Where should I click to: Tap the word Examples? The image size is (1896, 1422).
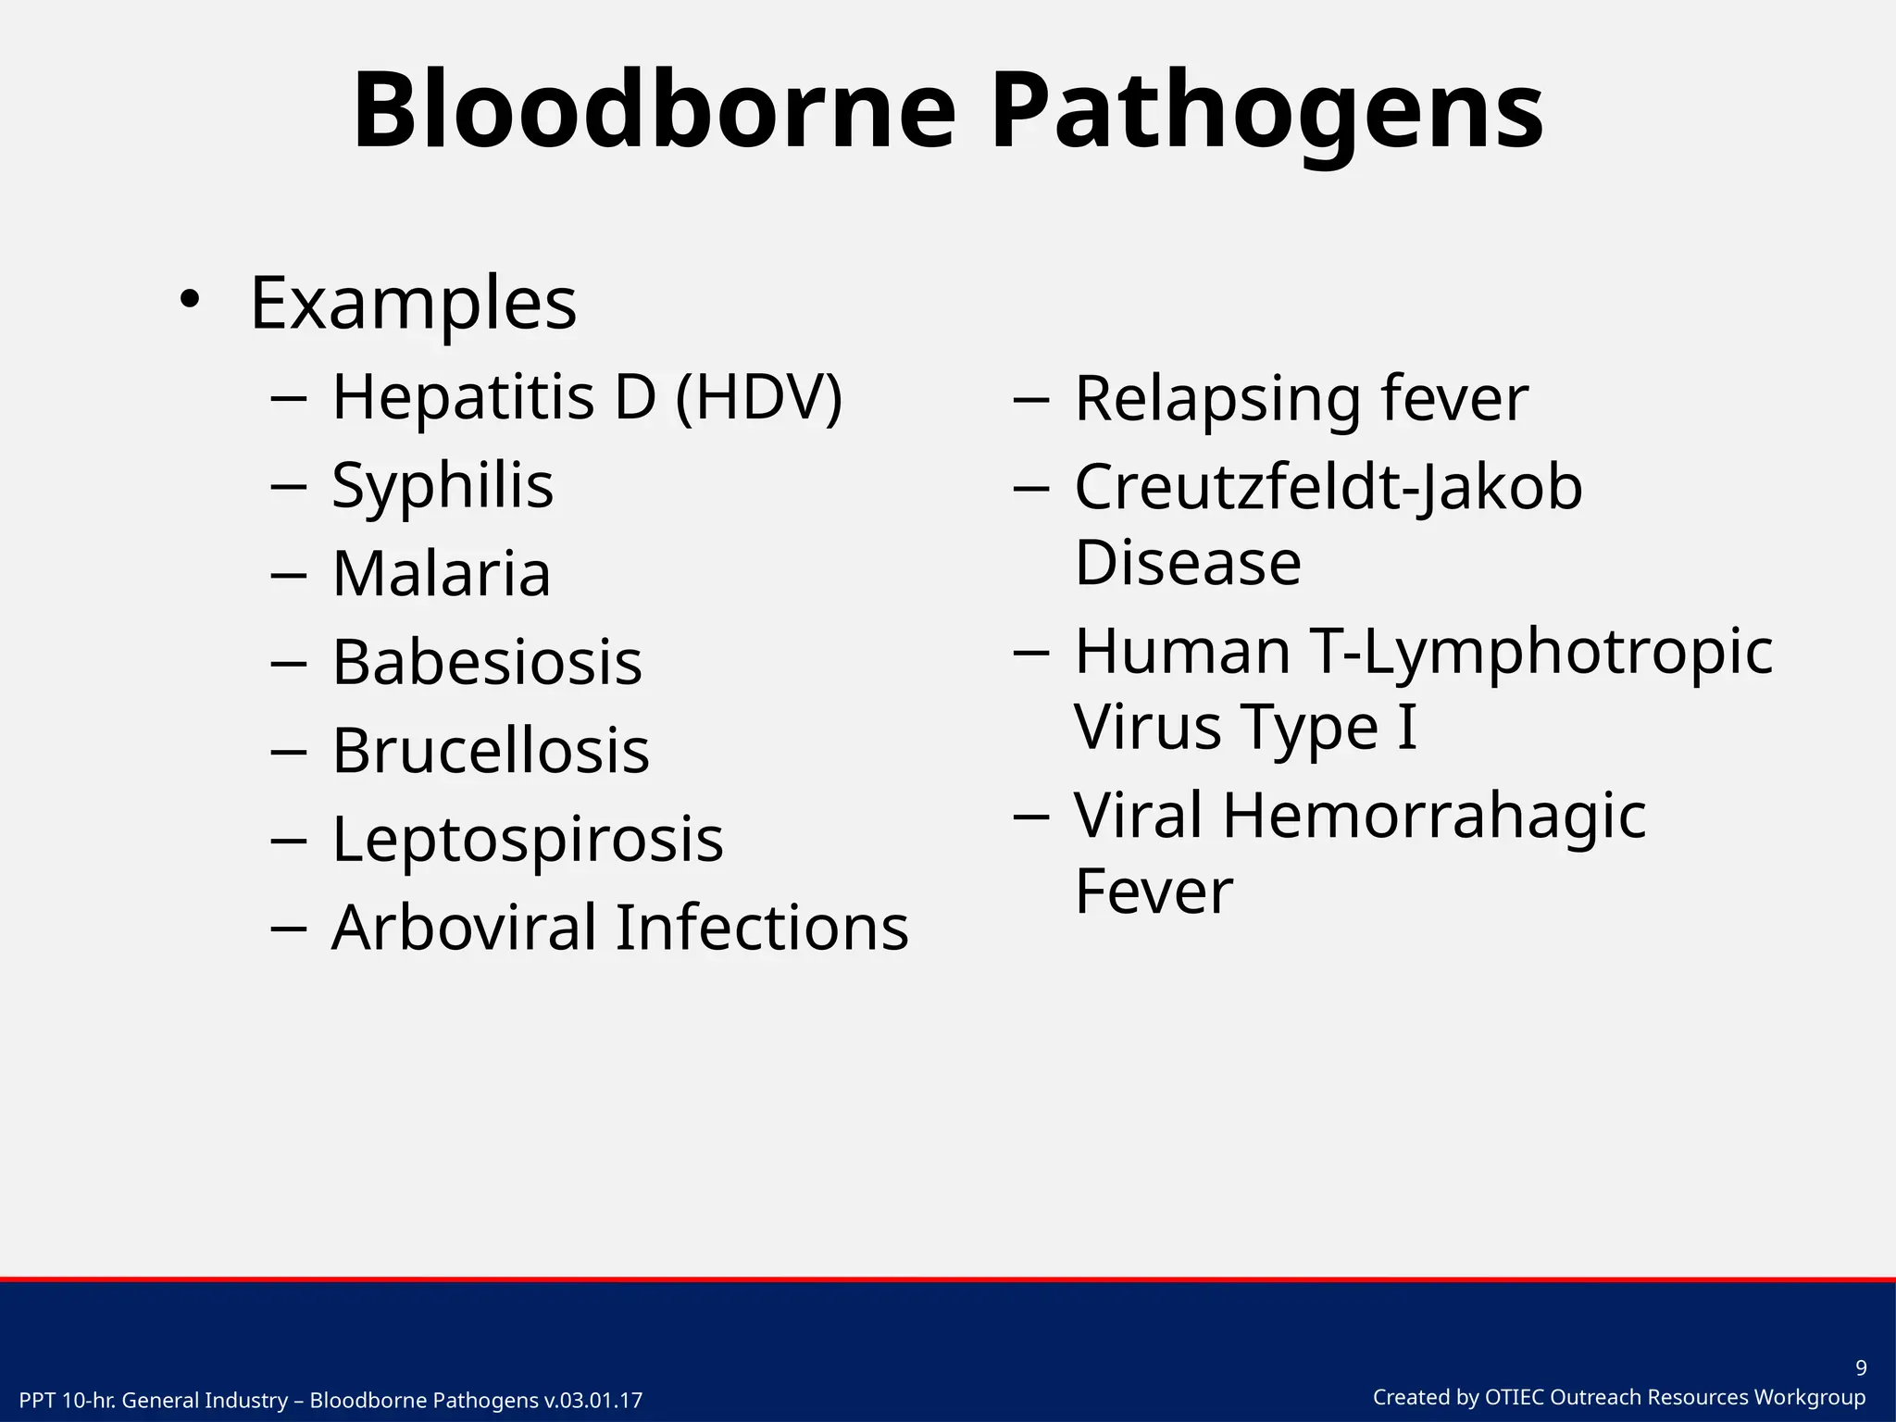pos(413,303)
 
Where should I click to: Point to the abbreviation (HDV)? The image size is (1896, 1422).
pos(759,397)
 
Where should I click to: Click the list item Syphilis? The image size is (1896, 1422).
pos(443,485)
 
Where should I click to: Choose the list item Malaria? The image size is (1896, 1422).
pos(442,573)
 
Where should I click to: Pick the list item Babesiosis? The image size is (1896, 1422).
pos(487,662)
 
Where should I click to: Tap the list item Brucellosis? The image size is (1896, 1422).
pos(491,750)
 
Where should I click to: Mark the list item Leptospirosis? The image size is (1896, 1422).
pos(528,839)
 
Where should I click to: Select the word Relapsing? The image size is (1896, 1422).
pos(1218,399)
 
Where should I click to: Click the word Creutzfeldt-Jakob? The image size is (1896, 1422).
pos(1328,487)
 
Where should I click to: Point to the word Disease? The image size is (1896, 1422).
pos(1188,562)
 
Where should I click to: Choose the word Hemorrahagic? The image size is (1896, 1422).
pos(1434,816)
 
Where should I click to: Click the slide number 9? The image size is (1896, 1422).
pos(1861,1368)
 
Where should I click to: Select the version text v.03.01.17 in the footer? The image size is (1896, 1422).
pos(592,1401)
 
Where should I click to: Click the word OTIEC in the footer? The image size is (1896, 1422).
pos(1515,1398)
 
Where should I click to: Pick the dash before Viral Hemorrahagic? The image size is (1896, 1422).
pos(1031,816)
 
